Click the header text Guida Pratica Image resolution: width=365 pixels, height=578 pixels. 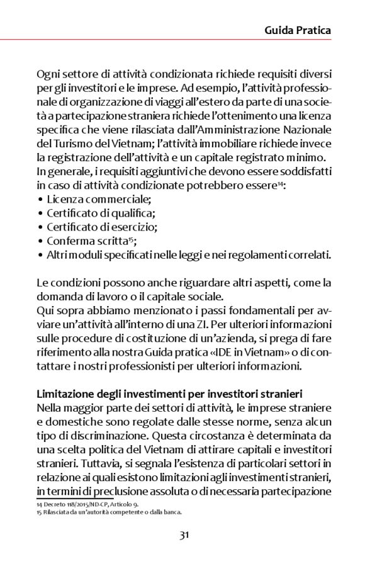click(298, 30)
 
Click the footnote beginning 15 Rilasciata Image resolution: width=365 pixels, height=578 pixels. click(108, 512)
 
